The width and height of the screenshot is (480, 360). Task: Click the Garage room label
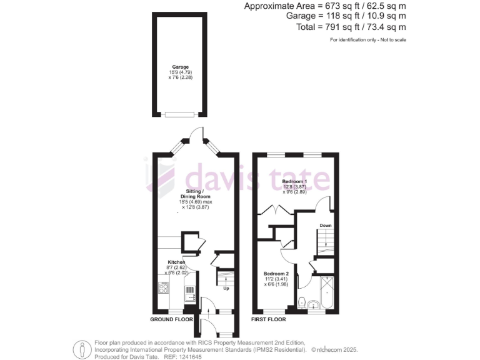coord(181,67)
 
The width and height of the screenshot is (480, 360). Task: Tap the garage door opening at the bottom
coord(180,114)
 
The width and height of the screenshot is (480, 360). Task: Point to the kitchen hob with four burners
coord(164,288)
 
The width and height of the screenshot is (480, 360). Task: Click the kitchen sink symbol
coord(190,291)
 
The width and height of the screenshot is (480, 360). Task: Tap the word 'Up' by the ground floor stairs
coord(226,288)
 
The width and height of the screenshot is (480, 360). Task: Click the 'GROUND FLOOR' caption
coord(171,319)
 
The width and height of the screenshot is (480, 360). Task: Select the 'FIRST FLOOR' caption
coord(269,319)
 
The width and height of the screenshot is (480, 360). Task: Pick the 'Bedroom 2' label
coord(276,274)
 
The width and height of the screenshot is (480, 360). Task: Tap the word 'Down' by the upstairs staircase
coord(326,225)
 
